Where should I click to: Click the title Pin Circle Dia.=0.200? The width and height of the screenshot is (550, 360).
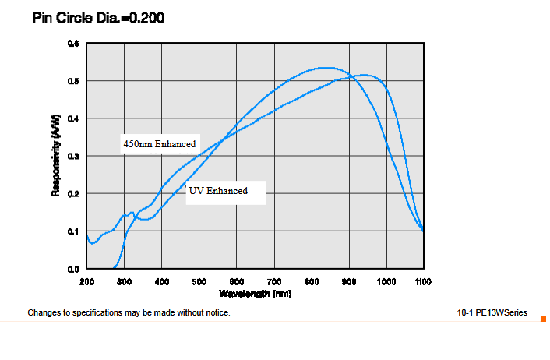click(98, 17)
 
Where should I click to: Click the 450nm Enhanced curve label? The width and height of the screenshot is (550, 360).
click(159, 144)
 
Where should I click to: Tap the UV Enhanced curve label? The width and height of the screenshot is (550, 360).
click(218, 191)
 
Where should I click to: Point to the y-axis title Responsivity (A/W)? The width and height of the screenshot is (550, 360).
click(56, 156)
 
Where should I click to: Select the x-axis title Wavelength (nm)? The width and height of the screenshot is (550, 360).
click(255, 294)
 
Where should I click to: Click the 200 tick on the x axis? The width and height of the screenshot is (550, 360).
click(86, 281)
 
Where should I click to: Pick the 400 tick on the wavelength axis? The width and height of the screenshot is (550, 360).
click(161, 281)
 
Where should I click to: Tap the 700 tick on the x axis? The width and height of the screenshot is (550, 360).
click(273, 281)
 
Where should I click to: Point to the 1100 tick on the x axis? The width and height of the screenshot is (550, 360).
click(423, 281)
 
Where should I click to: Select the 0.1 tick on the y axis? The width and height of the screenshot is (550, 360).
click(73, 231)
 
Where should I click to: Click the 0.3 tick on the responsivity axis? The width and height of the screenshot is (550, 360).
click(73, 157)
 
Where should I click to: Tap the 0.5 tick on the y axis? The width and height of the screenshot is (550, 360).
click(73, 81)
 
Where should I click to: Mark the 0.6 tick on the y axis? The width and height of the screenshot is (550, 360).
click(73, 44)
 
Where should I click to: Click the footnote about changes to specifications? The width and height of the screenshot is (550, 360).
click(129, 313)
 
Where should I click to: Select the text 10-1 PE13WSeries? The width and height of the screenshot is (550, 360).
click(492, 313)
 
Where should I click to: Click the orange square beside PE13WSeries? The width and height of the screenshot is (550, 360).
click(543, 317)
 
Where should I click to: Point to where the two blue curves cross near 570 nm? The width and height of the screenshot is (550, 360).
click(224, 139)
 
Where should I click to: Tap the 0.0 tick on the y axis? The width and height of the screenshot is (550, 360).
click(73, 269)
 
